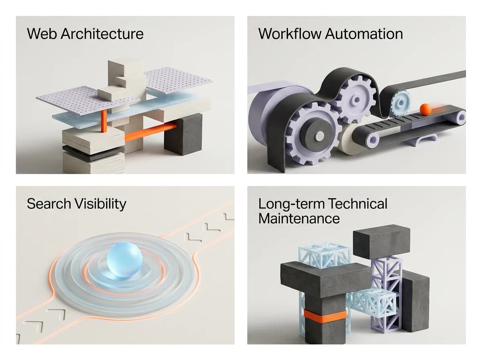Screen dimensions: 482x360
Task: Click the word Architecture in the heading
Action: coord(102,34)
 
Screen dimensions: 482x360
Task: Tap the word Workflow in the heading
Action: coord(290,34)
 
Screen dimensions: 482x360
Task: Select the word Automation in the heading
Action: coord(364,34)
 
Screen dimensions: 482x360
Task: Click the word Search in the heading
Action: coord(49,204)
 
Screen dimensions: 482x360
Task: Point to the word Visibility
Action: coord(100,204)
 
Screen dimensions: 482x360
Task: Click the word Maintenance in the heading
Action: coord(299,219)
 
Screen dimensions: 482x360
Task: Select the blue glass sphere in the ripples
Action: coord(125,262)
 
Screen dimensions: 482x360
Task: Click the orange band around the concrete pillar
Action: coord(325,317)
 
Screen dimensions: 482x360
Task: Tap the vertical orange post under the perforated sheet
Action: coord(104,121)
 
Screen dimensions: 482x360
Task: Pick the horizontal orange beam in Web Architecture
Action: coord(151,132)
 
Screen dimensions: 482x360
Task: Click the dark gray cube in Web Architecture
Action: coord(183,134)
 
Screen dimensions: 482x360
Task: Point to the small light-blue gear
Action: coord(401,102)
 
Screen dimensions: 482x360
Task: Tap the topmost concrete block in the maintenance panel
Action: coord(382,241)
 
